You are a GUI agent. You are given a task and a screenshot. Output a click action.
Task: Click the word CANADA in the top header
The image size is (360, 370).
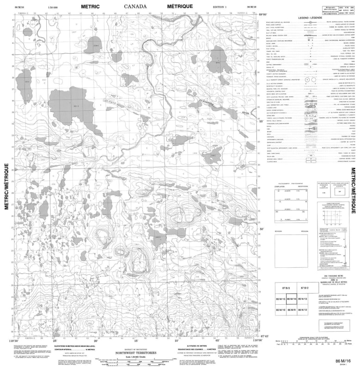(135, 7)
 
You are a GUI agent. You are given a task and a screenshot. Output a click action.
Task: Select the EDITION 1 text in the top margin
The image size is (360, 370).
(221, 7)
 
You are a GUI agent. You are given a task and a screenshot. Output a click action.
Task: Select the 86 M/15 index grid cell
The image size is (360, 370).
(280, 299)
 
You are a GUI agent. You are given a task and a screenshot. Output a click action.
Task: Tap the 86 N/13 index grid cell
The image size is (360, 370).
(303, 299)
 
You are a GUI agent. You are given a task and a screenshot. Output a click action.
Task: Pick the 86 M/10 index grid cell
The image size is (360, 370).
(280, 309)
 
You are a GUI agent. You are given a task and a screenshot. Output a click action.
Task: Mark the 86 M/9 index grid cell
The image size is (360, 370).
(292, 309)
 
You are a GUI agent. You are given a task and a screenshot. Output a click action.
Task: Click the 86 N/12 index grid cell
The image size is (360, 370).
(303, 309)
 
